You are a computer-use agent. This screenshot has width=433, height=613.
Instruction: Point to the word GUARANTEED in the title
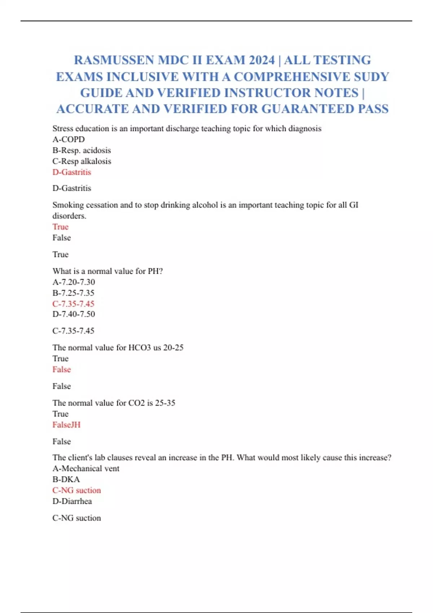[308, 109]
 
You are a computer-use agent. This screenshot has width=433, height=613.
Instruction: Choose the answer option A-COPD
[69, 140]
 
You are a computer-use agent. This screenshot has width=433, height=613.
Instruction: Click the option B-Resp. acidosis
[82, 150]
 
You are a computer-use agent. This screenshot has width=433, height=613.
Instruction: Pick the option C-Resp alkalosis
[82, 161]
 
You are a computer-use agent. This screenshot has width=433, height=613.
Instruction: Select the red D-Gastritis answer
[72, 172]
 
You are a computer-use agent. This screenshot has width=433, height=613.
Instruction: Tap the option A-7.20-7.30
[74, 282]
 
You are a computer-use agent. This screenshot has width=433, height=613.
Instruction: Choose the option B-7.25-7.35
[73, 293]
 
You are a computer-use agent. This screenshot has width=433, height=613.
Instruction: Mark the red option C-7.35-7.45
[73, 304]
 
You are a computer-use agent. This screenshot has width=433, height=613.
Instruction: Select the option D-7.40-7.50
[74, 314]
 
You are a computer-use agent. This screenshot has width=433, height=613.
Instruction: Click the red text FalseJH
[66, 425]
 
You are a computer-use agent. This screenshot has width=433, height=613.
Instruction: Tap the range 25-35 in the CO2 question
[165, 403]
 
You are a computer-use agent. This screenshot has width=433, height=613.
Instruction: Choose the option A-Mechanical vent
[86, 468]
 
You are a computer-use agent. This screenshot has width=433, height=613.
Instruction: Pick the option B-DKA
[66, 479]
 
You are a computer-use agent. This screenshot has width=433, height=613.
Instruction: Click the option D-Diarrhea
[72, 501]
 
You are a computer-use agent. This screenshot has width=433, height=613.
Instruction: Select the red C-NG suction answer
[76, 490]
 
